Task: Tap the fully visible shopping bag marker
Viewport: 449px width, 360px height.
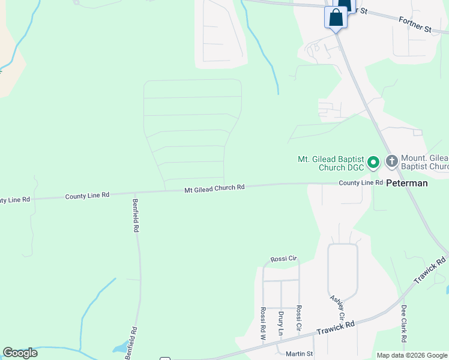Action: (336, 17)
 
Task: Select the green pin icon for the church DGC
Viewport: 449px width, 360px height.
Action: (373, 162)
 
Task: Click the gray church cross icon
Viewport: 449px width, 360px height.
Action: (391, 161)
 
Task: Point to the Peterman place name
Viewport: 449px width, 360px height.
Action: (407, 183)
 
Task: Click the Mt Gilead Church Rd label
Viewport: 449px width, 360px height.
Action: (214, 188)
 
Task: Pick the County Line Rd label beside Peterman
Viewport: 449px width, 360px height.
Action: (360, 182)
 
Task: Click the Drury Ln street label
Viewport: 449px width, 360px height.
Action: (280, 323)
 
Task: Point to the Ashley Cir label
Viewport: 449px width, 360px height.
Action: (337, 307)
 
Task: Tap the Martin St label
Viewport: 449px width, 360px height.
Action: (299, 354)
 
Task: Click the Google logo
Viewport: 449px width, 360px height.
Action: (20, 353)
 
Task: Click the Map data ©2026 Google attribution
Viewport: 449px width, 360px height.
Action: (412, 355)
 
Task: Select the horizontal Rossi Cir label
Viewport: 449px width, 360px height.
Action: (284, 259)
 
